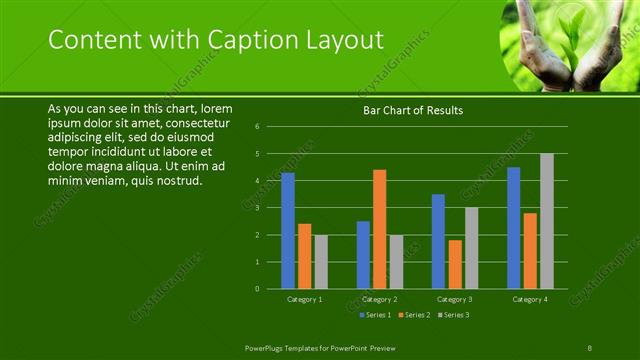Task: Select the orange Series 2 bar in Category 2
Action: (x=380, y=229)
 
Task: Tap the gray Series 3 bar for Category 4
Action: (x=546, y=221)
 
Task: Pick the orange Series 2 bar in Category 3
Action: (x=455, y=264)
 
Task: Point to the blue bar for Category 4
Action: (x=514, y=228)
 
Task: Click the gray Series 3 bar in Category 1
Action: (x=321, y=262)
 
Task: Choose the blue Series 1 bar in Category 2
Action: (x=363, y=255)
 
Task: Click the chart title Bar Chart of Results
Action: (x=412, y=110)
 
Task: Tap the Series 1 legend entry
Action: (x=375, y=315)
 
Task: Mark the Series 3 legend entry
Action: (x=453, y=315)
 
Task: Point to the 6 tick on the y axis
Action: (x=257, y=127)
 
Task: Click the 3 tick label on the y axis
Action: (x=257, y=208)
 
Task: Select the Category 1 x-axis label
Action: (x=305, y=299)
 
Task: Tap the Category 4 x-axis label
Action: (x=529, y=299)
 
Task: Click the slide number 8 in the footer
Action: (x=590, y=346)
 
